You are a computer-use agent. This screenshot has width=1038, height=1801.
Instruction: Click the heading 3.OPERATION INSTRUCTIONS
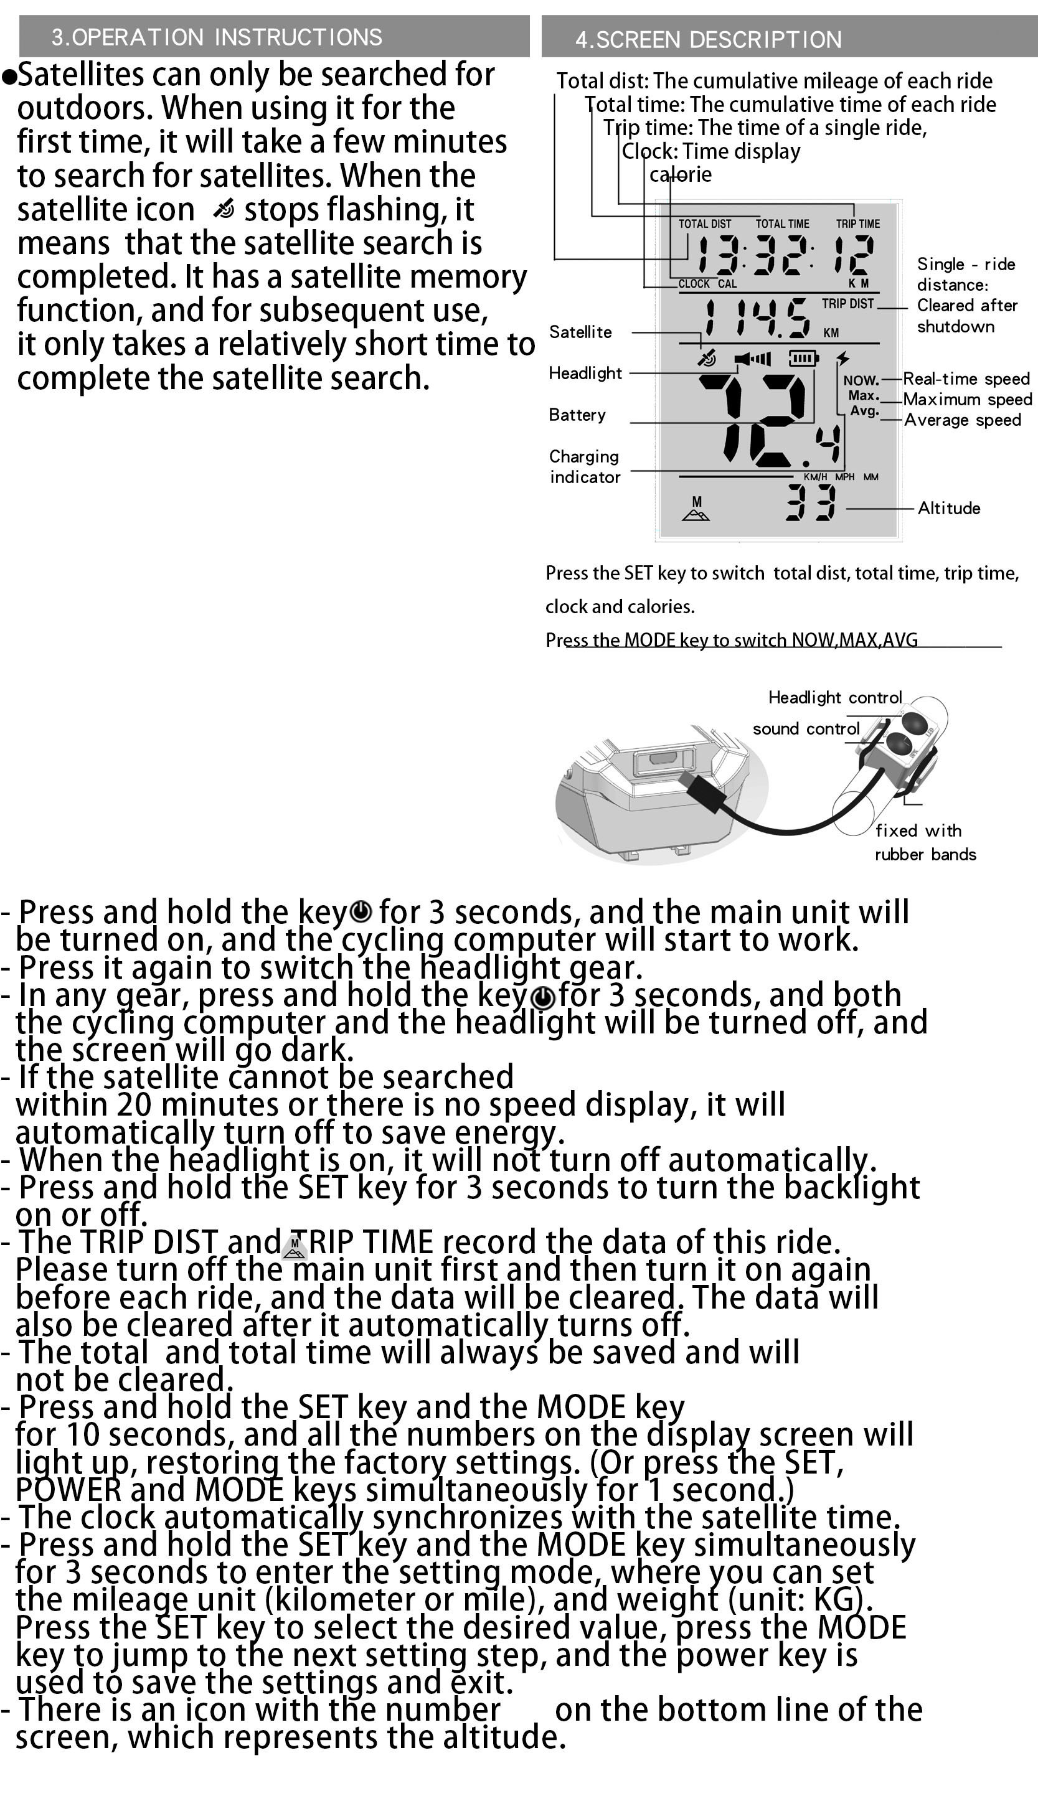(217, 37)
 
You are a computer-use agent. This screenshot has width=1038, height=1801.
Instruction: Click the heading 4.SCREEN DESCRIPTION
(708, 39)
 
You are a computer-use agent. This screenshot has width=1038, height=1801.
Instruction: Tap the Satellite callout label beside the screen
(580, 332)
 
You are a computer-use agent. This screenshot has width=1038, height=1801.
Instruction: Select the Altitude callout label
(948, 508)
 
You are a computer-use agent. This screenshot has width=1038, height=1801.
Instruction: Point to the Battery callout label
(577, 415)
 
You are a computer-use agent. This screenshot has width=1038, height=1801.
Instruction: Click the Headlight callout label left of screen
(585, 374)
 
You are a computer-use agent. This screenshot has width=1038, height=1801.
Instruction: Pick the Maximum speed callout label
(967, 399)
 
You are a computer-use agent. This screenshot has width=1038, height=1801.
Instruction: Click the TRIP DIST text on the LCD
(847, 304)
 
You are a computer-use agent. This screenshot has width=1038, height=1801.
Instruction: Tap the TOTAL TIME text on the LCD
(782, 223)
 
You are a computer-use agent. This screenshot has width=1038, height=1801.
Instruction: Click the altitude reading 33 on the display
(811, 502)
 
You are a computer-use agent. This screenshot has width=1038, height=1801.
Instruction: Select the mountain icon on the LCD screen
(696, 510)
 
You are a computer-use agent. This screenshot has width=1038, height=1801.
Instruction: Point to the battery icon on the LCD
(803, 358)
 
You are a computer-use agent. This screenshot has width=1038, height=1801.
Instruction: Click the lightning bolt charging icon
(843, 358)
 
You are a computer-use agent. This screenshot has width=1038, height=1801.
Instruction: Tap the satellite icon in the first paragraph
(223, 209)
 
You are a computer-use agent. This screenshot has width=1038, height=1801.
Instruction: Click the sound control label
(806, 728)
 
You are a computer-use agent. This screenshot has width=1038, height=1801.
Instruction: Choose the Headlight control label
(835, 697)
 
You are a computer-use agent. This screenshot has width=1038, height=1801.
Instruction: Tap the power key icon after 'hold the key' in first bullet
(361, 911)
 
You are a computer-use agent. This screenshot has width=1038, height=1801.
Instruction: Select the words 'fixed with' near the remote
(918, 830)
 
